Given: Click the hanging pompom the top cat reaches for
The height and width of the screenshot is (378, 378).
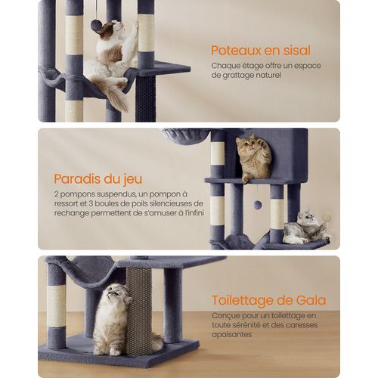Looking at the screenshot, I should click(96, 25).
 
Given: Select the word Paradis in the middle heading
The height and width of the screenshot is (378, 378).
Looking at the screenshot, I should click(78, 179).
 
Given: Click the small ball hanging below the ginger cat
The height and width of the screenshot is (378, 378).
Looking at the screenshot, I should click(258, 205).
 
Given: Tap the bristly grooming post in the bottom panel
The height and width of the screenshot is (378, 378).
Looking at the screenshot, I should click(138, 310).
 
